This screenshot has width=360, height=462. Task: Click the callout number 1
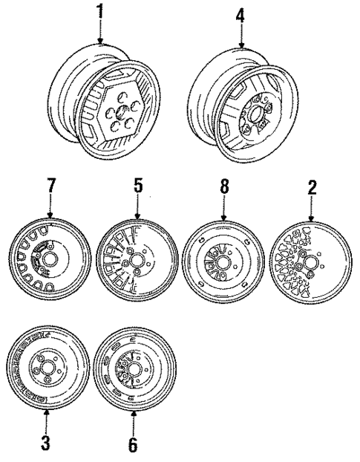point(99,13)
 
